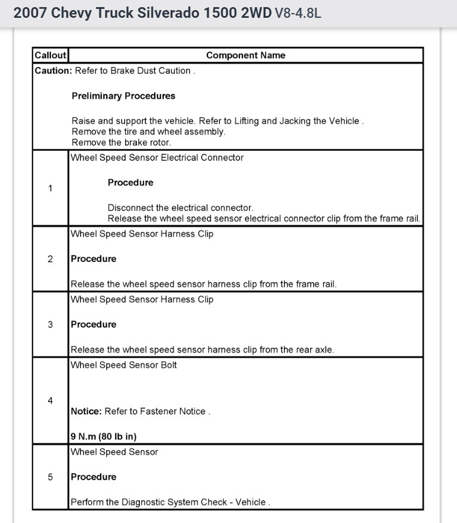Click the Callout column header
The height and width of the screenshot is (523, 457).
(50, 55)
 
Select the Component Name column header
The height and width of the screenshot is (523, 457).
(245, 55)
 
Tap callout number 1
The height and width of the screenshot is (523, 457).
(50, 188)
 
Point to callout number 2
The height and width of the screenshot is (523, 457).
(50, 259)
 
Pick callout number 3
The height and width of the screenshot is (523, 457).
(50, 324)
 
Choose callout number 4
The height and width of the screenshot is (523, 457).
(50, 401)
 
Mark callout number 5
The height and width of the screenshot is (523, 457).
(50, 477)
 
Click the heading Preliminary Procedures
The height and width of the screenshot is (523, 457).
(123, 96)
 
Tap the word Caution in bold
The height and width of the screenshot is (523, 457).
(53, 71)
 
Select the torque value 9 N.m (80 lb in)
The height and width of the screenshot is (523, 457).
(104, 436)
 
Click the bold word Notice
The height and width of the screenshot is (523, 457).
(87, 411)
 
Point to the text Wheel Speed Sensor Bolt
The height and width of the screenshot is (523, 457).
(124, 365)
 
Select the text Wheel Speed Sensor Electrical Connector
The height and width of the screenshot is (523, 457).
(157, 157)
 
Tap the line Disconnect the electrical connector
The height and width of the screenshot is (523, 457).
(180, 208)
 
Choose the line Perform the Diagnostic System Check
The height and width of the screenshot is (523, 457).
(170, 502)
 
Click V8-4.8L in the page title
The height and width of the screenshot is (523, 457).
(298, 13)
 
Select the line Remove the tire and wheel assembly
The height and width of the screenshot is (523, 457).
(148, 132)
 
